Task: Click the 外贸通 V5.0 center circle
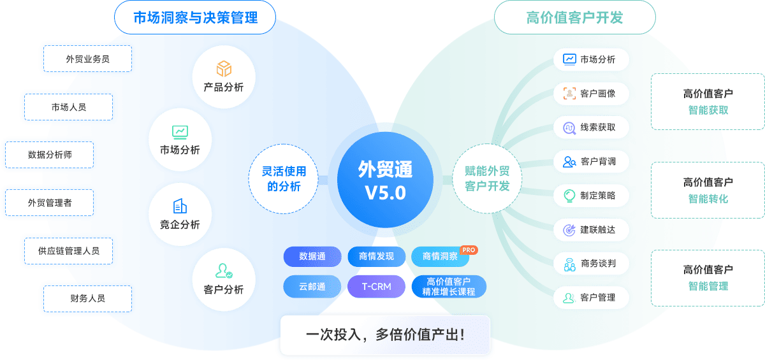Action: [385, 181]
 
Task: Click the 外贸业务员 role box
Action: [87, 59]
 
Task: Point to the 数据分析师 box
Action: [49, 154]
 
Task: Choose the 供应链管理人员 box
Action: [69, 250]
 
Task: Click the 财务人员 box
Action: [87, 298]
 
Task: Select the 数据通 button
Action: [312, 256]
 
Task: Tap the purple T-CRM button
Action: [376, 287]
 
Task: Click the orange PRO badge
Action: [469, 250]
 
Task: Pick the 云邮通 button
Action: [312, 287]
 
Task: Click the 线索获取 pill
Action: [591, 127]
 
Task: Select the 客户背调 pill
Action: [591, 161]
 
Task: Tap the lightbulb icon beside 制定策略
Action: [569, 196]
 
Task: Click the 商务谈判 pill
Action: [591, 263]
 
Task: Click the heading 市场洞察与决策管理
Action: [195, 17]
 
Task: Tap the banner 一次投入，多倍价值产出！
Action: [385, 335]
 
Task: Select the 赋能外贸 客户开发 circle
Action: [487, 178]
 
